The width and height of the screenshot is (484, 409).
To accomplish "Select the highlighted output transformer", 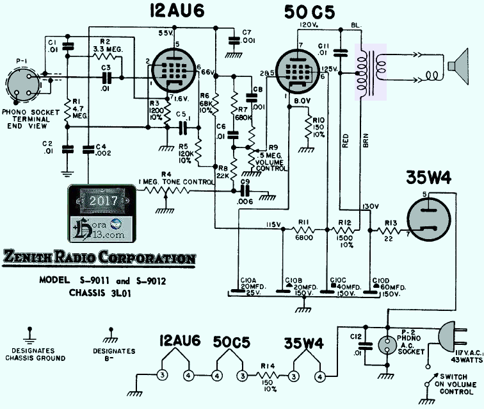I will pos(371,71).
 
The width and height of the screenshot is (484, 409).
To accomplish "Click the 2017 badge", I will pos(103,199).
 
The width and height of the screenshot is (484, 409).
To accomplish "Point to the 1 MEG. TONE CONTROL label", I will pos(176,182).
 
